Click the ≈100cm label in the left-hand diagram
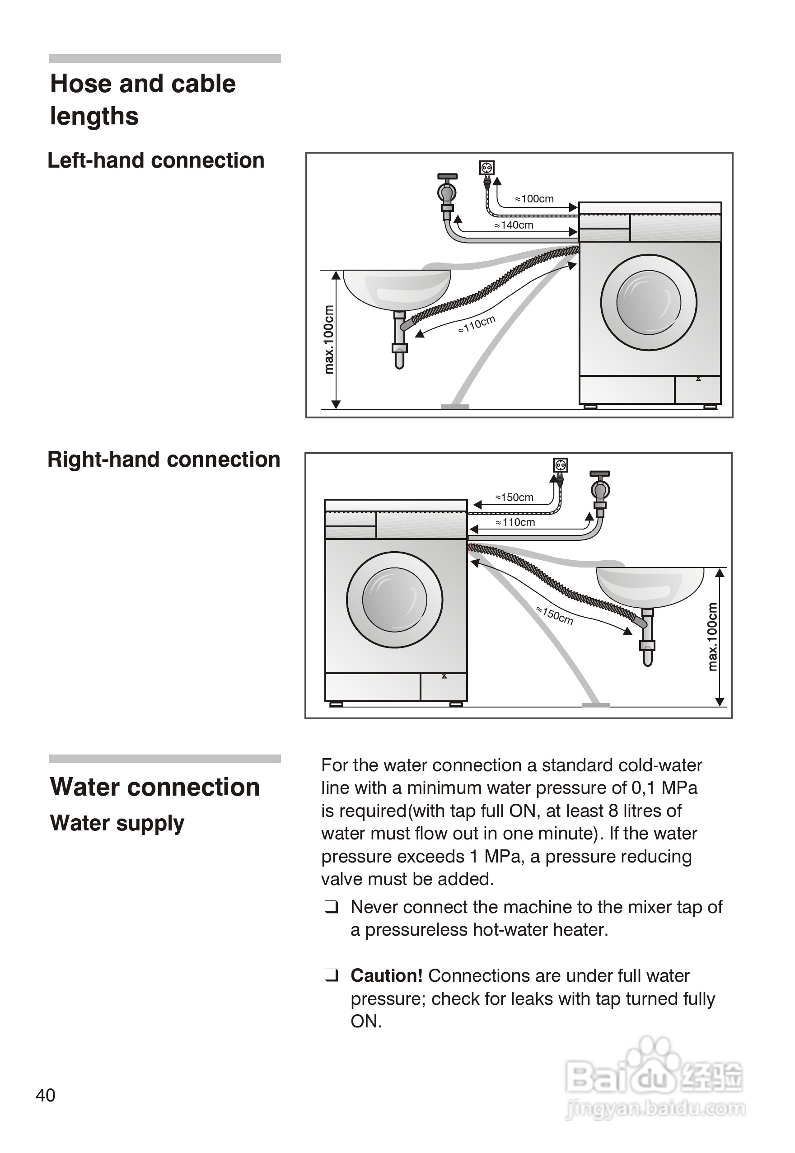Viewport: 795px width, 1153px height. tap(534, 199)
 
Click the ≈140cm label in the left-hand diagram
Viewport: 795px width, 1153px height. tap(514, 225)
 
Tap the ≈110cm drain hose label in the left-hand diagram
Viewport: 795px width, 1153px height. tap(477, 324)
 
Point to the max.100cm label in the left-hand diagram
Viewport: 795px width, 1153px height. tap(329, 339)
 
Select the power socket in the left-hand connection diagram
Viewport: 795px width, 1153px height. tap(486, 168)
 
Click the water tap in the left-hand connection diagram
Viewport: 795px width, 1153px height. tap(447, 192)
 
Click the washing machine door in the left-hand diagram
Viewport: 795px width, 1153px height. tap(648, 302)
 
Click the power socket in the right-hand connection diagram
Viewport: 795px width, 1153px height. tap(561, 465)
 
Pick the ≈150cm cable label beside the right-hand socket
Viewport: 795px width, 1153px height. tap(514, 497)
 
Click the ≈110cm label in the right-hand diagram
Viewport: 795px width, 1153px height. tap(515, 522)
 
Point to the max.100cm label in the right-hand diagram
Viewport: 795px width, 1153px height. tap(713, 636)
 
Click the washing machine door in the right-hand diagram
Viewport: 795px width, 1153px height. tap(394, 600)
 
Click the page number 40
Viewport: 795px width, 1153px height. tap(45, 1095)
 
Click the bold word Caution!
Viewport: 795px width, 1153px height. tap(387, 975)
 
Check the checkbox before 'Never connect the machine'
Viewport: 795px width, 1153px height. tap(331, 907)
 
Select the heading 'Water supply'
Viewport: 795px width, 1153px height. tap(117, 823)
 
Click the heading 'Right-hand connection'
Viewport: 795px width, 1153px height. tap(164, 459)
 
